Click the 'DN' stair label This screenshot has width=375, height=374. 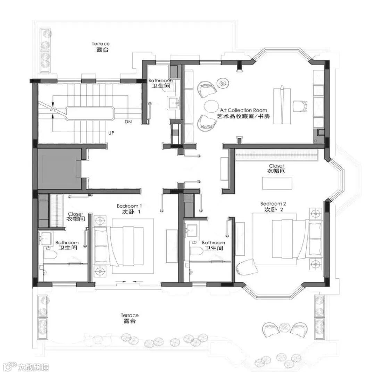[x=128, y=122]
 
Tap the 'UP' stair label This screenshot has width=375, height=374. [x=111, y=133]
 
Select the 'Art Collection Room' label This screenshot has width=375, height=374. [x=243, y=110]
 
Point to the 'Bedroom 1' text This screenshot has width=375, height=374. [x=129, y=206]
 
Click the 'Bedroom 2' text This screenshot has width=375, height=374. [x=273, y=204]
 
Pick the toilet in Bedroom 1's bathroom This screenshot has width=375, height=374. [x=50, y=255]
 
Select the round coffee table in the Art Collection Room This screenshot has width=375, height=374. [x=211, y=106]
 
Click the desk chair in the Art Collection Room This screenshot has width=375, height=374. [x=300, y=106]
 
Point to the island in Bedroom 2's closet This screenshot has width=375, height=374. [x=277, y=183]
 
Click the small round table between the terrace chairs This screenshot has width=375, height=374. [x=285, y=327]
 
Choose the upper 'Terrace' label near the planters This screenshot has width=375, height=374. [x=101, y=44]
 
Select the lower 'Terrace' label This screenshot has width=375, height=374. [x=130, y=315]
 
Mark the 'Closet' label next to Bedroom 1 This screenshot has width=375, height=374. [x=76, y=214]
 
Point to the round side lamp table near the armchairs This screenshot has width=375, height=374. [x=223, y=83]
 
